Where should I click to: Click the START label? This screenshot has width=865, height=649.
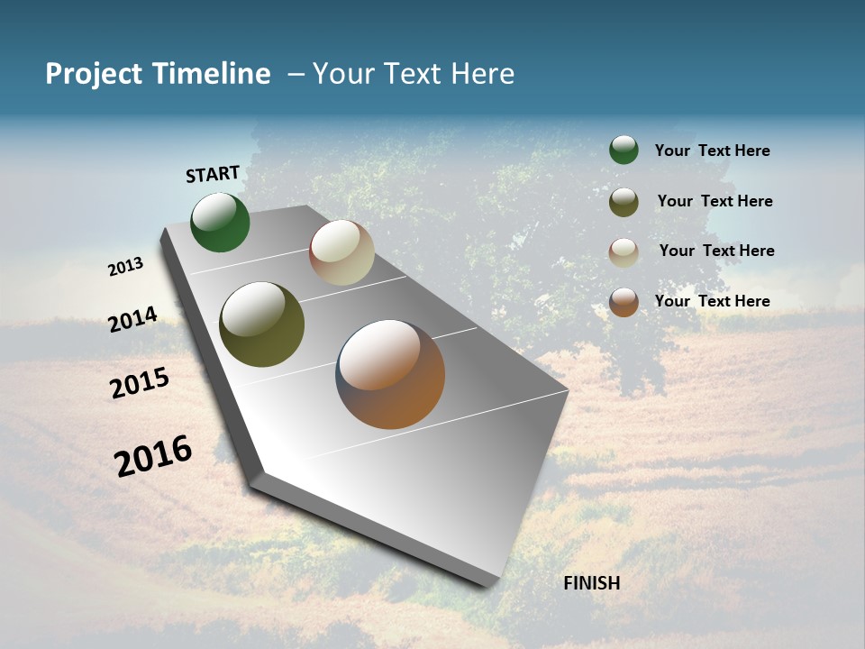point(213,174)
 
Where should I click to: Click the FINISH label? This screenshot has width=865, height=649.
point(592,583)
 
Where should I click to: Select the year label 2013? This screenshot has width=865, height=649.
point(125,267)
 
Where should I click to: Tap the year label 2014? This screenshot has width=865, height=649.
point(132,319)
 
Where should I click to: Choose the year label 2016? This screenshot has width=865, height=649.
point(153,456)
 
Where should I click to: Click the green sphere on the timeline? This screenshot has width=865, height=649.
point(220,222)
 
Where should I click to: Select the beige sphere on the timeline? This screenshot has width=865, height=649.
point(341,252)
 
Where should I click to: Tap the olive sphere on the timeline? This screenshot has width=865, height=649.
point(261,324)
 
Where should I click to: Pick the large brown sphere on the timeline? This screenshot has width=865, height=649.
point(390,374)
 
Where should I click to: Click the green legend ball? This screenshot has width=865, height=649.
point(624,150)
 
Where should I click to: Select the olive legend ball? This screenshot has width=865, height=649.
point(624,202)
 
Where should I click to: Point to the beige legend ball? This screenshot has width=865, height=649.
point(624,252)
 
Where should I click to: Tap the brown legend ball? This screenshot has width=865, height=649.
point(624,302)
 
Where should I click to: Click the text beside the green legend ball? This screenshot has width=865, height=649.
point(712,151)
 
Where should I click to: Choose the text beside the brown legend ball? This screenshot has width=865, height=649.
point(712,301)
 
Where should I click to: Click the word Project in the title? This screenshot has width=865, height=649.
point(94,74)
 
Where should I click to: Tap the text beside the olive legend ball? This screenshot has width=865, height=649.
point(715,201)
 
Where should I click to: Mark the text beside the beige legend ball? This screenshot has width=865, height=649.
point(716,251)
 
